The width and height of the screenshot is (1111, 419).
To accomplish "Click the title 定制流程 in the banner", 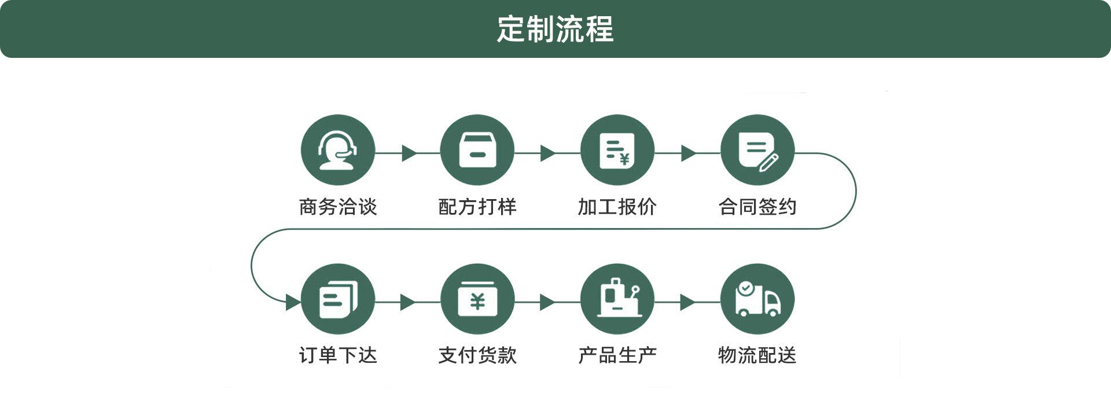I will [x=555, y=29].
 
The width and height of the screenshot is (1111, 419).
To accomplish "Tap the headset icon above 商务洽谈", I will [x=338, y=150].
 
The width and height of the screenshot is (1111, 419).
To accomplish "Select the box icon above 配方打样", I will [x=477, y=150].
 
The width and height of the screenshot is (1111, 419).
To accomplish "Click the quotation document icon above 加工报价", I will [x=617, y=150].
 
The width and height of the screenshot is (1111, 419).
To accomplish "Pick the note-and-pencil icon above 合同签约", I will [x=757, y=150].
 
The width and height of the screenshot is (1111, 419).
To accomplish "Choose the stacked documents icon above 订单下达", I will [x=338, y=300].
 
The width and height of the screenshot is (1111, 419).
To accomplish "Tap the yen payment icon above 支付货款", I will [x=477, y=300].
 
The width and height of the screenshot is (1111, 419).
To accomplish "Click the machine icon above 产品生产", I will [x=617, y=300].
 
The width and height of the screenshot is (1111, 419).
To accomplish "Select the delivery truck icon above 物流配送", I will [x=757, y=300].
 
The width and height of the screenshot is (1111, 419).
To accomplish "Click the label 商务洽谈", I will [x=338, y=207].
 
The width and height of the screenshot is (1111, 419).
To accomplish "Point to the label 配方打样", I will [x=477, y=207].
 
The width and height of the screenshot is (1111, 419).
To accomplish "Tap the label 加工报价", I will [x=617, y=207].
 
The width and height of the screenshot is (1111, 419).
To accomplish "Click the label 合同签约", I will [x=757, y=207].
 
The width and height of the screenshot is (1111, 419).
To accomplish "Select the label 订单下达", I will [x=338, y=355].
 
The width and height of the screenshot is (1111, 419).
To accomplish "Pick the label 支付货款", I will [x=477, y=355].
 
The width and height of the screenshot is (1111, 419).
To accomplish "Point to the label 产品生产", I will [x=617, y=355].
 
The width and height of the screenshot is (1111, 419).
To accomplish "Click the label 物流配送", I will [x=757, y=355].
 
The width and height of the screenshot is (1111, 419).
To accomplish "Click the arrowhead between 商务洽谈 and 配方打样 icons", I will [x=409, y=153].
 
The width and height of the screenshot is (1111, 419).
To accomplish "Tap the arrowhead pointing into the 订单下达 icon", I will [x=293, y=302].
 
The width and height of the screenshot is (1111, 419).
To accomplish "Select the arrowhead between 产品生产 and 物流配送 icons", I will [x=687, y=302].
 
